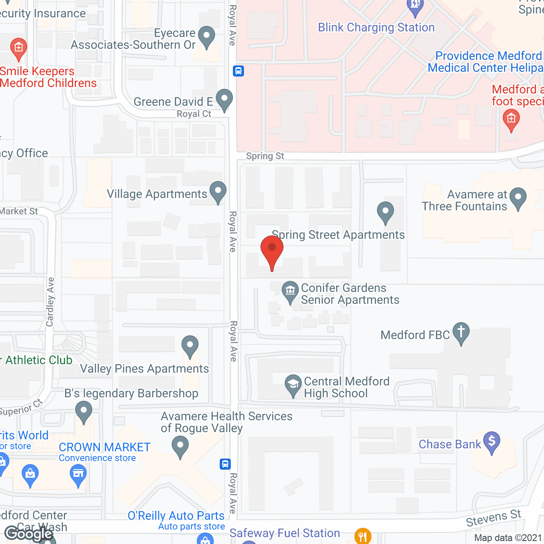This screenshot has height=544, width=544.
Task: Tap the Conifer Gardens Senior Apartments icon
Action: (290, 292)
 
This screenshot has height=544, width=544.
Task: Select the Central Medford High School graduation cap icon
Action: (293, 385)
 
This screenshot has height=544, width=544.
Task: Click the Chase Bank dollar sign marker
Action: (492, 442)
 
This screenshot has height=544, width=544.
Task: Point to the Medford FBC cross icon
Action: (461, 333)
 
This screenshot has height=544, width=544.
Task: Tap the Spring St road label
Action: (265, 156)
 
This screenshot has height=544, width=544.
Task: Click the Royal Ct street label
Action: (194, 114)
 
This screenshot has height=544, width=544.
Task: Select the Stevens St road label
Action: (493, 518)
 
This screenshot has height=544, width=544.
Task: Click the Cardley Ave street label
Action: (50, 302)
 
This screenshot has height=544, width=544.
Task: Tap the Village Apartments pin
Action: (218, 192)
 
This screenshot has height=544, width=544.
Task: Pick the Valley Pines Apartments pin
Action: (190, 346)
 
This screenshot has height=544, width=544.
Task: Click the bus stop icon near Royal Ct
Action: (238, 71)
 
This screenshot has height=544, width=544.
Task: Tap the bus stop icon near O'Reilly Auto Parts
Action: (225, 464)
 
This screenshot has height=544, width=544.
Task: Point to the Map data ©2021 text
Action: (508, 538)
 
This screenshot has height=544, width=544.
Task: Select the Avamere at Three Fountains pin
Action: (518, 198)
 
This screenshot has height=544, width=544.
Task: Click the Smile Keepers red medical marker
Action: (18, 48)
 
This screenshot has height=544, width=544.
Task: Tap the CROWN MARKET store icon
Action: (78, 474)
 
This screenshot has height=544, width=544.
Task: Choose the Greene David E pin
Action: (224, 99)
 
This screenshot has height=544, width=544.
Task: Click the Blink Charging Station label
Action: (376, 28)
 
